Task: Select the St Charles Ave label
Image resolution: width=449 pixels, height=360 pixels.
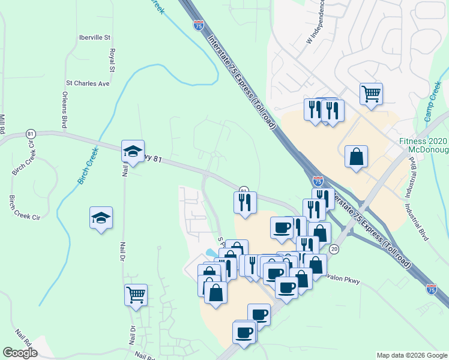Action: pyautogui.click(x=88, y=83)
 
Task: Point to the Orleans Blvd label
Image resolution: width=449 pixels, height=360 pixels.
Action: pyautogui.click(x=64, y=110)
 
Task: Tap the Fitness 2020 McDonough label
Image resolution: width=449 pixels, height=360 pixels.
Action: pyautogui.click(x=424, y=145)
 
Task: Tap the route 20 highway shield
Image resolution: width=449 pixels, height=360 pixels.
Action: pyautogui.click(x=334, y=249)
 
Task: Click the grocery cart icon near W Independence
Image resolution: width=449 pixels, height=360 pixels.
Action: pyautogui.click(x=371, y=93)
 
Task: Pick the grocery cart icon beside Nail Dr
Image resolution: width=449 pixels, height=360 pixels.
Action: pyautogui.click(x=136, y=294)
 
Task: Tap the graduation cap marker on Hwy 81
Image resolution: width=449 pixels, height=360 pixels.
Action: pyautogui.click(x=133, y=152)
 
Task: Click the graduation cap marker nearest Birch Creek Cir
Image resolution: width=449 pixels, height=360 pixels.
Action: pyautogui.click(x=101, y=218)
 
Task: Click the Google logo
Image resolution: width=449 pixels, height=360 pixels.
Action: pyautogui.click(x=20, y=353)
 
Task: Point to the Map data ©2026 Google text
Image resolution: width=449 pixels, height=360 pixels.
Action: pyautogui.click(x=411, y=355)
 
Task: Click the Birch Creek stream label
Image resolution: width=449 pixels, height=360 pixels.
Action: pyautogui.click(x=88, y=166)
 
